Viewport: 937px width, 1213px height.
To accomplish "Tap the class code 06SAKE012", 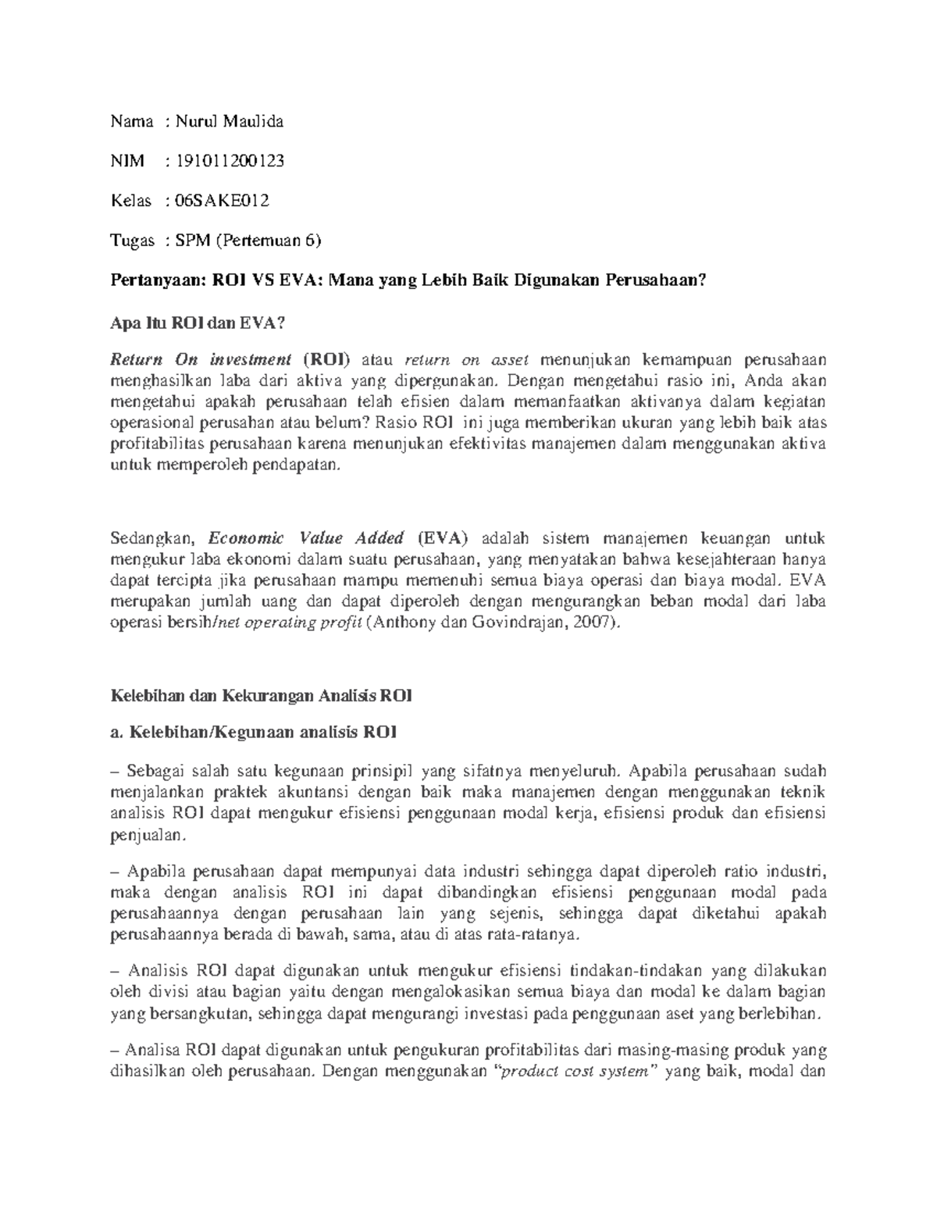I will coord(222,201).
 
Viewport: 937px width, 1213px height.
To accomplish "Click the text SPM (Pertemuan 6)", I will coord(248,241).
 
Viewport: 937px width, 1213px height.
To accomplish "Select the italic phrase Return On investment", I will coord(200,360).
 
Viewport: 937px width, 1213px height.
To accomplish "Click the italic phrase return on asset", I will coord(467,360).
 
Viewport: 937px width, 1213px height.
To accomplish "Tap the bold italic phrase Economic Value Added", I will coord(305,538).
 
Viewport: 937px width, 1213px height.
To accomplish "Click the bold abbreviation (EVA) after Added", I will coord(443,538).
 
